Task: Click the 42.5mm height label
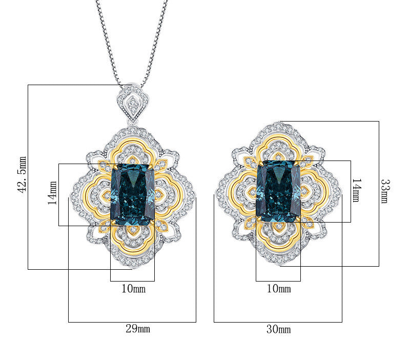click(22, 174)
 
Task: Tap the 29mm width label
click(138, 329)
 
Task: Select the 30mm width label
click(278, 329)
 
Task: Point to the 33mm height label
click(384, 191)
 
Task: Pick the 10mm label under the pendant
click(133, 289)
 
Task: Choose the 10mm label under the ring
click(279, 289)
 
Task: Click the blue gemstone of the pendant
click(132, 194)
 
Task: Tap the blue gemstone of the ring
click(278, 191)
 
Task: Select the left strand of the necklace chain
click(108, 41)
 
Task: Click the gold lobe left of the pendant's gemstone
click(97, 195)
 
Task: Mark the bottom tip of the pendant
click(133, 267)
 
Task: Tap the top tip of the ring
click(278, 124)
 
